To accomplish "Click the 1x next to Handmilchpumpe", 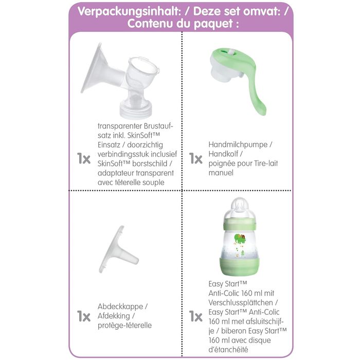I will [x=195, y=158].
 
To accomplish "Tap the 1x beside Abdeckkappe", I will [x=84, y=316].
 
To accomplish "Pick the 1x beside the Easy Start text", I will [x=195, y=316].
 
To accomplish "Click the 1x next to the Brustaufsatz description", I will [x=84, y=158].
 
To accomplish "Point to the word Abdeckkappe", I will [x=119, y=307].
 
